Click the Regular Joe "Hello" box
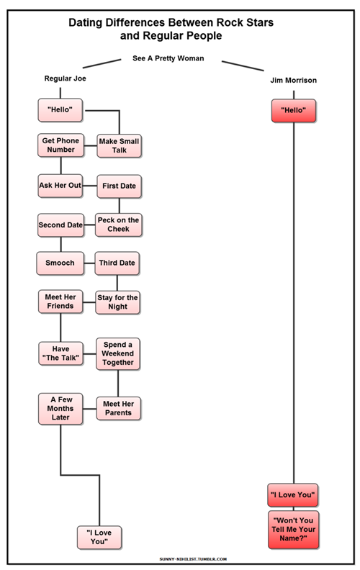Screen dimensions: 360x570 pyautogui.click(x=60, y=110)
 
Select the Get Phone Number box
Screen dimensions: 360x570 pyautogui.click(x=60, y=145)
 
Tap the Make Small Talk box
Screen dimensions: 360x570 pyautogui.click(x=120, y=146)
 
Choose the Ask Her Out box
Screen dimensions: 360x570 pyautogui.click(x=60, y=186)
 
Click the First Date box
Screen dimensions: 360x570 pyautogui.click(x=120, y=186)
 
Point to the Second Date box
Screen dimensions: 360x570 pyautogui.click(x=60, y=225)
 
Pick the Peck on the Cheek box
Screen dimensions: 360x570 pyautogui.click(x=119, y=225)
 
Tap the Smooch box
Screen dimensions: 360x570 pyautogui.click(x=60, y=263)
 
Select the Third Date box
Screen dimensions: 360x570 pyautogui.click(x=117, y=263)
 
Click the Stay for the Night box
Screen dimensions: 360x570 pyautogui.click(x=118, y=302)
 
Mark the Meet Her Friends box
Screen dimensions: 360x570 pyautogui.click(x=60, y=302)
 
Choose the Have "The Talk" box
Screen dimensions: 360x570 pyautogui.click(x=60, y=353)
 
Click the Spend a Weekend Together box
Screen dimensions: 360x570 pyautogui.click(x=118, y=353)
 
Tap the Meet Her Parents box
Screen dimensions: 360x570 pyautogui.click(x=119, y=409)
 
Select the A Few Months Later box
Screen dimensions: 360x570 pyautogui.click(x=60, y=409)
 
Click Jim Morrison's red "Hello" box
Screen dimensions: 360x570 pyautogui.click(x=294, y=111)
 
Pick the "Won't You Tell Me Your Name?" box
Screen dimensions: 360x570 pyautogui.click(x=294, y=530)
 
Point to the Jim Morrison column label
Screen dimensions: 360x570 pyautogui.click(x=294, y=81)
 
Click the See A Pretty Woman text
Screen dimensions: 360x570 pyautogui.click(x=168, y=58)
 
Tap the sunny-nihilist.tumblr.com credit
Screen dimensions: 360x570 pyautogui.click(x=193, y=559)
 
